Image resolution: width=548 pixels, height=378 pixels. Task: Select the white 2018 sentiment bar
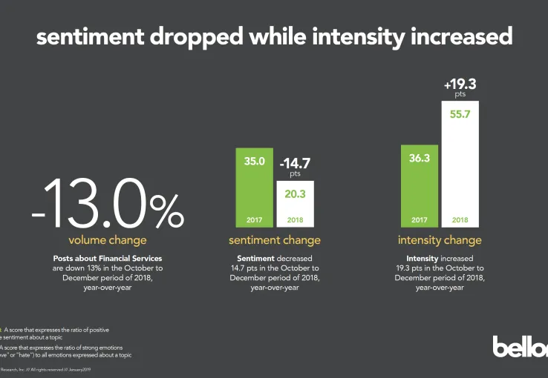295,204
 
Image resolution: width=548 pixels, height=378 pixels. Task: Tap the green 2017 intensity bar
420,185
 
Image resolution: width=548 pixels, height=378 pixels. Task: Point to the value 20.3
295,194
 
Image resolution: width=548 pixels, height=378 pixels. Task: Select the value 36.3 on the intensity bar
420,158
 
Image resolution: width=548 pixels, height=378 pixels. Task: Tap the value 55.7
460,114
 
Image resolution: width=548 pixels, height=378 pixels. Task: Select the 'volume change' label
108,240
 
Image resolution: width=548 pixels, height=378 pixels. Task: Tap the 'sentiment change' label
275,240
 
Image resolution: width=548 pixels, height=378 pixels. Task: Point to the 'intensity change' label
440,240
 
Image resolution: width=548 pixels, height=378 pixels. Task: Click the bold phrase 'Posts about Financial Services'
108,258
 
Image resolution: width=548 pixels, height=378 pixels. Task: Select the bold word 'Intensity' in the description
413,258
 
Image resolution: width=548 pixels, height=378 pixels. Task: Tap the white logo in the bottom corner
520,346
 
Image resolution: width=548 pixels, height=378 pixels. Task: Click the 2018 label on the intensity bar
460,221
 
